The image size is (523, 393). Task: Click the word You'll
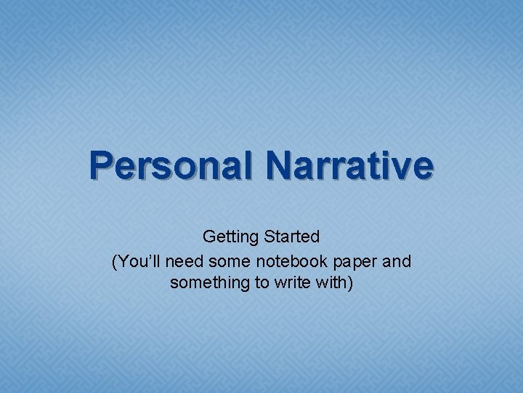[x=137, y=260]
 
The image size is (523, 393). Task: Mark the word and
[x=397, y=260]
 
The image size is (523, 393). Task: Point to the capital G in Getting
[x=209, y=237]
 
